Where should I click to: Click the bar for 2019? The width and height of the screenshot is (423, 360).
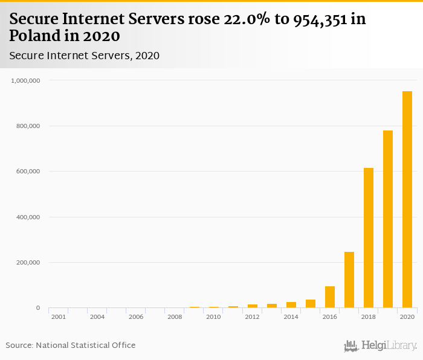(x=388, y=219)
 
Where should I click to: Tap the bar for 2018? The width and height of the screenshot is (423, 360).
(x=369, y=238)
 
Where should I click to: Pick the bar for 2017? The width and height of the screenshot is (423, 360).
(x=349, y=280)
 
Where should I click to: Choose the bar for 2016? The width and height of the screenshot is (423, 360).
(x=330, y=297)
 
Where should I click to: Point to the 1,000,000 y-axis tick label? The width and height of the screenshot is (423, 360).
(x=26, y=80)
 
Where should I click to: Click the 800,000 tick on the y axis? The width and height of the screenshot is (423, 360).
(x=28, y=126)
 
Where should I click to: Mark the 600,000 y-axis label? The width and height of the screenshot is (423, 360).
(x=28, y=172)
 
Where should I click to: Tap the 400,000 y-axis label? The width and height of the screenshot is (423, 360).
(x=28, y=217)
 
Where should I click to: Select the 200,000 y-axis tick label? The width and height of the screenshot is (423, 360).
(x=28, y=263)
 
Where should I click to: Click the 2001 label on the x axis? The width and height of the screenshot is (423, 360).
(x=59, y=317)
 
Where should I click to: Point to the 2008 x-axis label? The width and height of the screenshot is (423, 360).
(x=175, y=317)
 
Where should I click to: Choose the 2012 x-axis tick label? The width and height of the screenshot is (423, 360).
(x=252, y=317)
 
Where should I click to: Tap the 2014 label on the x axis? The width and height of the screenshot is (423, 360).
(x=291, y=317)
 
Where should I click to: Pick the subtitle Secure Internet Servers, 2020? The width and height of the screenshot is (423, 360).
(x=84, y=56)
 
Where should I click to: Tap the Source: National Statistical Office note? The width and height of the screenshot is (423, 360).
(x=71, y=346)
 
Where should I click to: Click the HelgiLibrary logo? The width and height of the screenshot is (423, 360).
(x=381, y=346)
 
